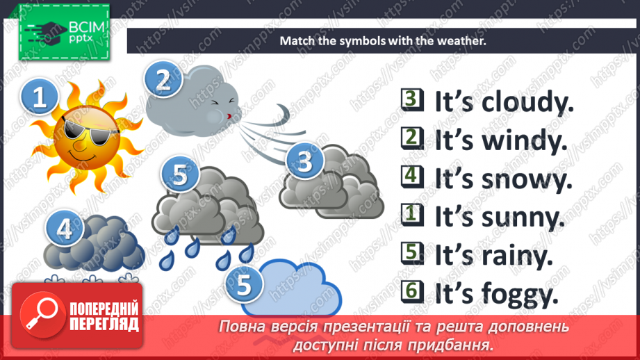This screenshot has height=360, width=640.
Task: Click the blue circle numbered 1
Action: [40, 97]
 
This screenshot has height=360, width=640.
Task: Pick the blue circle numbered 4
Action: [65, 229]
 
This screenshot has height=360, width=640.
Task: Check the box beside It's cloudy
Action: [412, 100]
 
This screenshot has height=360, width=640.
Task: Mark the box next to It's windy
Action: [412, 138]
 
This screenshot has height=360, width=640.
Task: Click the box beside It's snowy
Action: [412, 177]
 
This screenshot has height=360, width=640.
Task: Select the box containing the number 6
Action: [412, 293]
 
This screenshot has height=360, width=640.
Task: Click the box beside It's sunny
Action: [412, 215]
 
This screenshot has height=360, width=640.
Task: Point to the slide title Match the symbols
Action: [381, 41]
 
